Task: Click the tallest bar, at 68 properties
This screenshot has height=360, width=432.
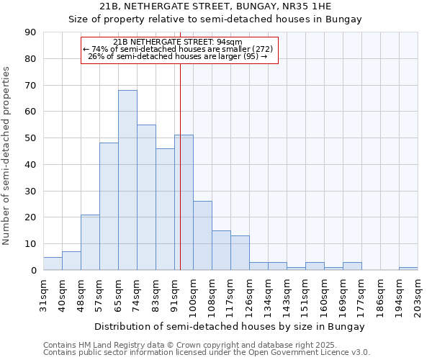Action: coord(127,180)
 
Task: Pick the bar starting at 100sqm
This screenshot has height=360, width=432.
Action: coord(202,235)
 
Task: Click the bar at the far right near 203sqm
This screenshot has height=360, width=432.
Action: coord(408,269)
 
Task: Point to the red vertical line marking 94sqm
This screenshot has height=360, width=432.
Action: coord(180,166)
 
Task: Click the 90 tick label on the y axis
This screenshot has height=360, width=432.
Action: coord(30,32)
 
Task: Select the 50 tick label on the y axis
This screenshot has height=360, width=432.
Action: coord(30,138)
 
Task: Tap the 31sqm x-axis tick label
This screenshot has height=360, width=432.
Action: coord(43,293)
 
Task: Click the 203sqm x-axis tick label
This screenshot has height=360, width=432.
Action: coord(418,295)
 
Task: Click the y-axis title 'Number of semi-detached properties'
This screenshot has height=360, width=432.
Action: coord(7,156)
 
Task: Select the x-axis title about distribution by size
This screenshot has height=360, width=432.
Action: coord(230,327)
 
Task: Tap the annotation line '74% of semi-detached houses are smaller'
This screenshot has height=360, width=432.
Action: coord(179,49)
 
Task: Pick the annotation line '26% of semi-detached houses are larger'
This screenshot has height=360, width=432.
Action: coord(179,56)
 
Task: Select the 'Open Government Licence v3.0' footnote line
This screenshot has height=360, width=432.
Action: coord(207,353)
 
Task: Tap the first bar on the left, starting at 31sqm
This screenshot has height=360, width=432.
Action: coord(53,264)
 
